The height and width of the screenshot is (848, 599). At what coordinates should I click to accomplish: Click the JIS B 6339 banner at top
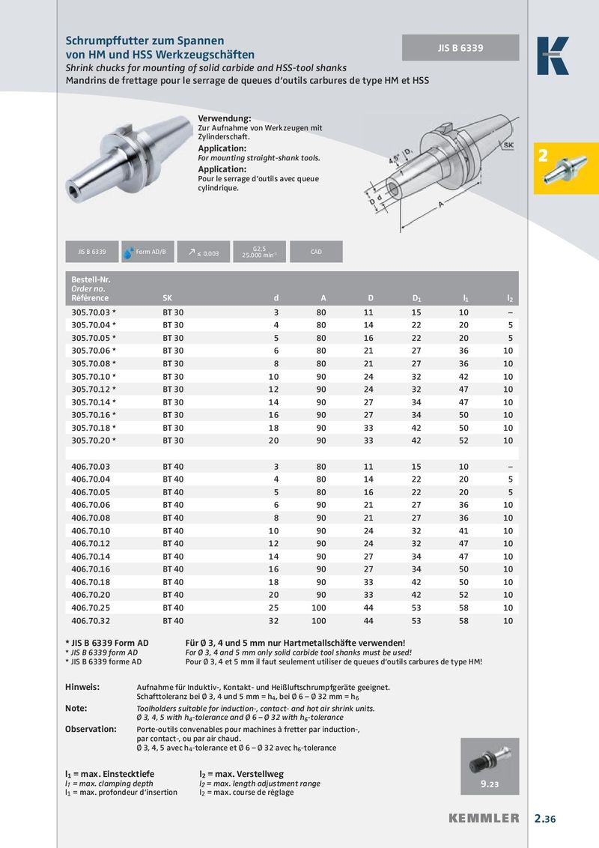coord(460,48)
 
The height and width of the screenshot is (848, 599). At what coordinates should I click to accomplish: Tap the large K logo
coord(553,55)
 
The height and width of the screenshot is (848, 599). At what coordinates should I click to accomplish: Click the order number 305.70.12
coord(94,389)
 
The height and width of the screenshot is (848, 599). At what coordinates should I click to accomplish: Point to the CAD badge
coord(316,252)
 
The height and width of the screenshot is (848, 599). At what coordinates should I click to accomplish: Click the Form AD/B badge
coord(148,252)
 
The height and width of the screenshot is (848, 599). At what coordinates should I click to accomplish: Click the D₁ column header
coord(416,298)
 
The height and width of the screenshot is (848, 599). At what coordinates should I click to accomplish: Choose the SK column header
coord(167,298)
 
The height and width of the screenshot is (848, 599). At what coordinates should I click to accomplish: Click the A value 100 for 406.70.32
coord(318,620)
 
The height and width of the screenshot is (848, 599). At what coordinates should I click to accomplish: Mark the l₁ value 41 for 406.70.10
coord(464,530)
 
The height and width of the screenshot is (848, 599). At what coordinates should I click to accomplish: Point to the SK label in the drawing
coord(508,144)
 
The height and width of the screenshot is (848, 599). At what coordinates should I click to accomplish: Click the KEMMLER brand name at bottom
coord(484,818)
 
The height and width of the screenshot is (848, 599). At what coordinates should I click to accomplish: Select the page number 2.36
coord(545,818)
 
